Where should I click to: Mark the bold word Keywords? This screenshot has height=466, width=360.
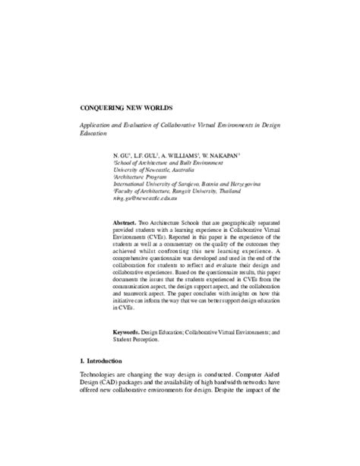[126, 332]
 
